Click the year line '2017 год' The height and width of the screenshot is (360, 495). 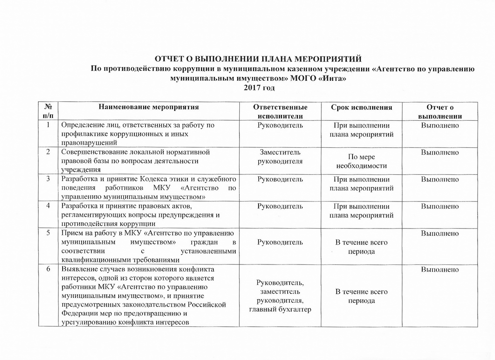click(259, 88)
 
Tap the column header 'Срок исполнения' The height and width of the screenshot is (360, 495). click(362, 107)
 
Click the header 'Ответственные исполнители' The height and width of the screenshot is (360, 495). click(280, 111)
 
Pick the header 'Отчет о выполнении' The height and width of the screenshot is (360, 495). click(440, 111)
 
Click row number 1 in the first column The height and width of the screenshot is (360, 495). click(48, 125)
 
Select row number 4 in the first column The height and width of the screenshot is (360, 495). click(48, 206)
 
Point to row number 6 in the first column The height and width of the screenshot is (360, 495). click(48, 270)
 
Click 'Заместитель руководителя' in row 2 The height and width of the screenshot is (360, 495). click(280, 157)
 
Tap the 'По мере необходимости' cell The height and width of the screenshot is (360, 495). click(362, 161)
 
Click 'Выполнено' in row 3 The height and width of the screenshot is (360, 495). click(440, 179)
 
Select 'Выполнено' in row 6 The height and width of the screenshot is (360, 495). click(440, 270)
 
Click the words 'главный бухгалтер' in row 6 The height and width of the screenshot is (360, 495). click(280, 309)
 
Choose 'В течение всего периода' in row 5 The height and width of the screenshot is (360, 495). click(362, 247)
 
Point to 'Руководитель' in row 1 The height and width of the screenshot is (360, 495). click(280, 125)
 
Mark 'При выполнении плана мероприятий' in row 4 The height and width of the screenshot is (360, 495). click(362, 211)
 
